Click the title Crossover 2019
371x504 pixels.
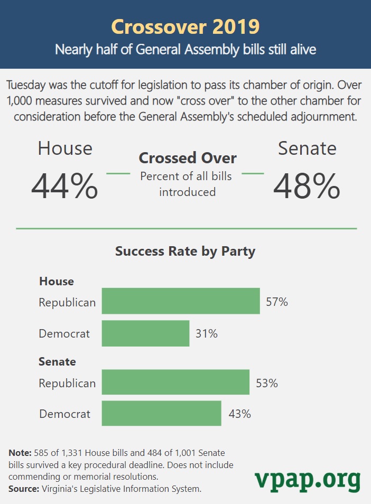[x=185, y=26]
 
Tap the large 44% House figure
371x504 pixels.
[x=64, y=185]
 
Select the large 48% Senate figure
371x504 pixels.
[x=307, y=185]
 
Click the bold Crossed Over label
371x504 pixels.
[x=188, y=158]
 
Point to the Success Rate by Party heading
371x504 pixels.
[x=185, y=251]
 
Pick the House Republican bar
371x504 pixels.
[x=181, y=301]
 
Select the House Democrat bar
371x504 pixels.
[x=145, y=333]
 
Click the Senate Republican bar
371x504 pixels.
[x=175, y=382]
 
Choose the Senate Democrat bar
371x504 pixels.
[x=161, y=414]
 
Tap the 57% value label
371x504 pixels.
[x=277, y=302]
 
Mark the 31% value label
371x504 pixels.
[x=207, y=334]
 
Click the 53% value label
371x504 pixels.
[x=266, y=383]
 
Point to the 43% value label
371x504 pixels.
[x=239, y=414]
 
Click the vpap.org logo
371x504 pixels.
[x=308, y=480]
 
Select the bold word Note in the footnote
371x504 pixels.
[x=20, y=453]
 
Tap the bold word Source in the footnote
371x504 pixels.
[x=23, y=489]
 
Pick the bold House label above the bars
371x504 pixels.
[x=57, y=281]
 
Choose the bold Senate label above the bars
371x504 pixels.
[x=57, y=362]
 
